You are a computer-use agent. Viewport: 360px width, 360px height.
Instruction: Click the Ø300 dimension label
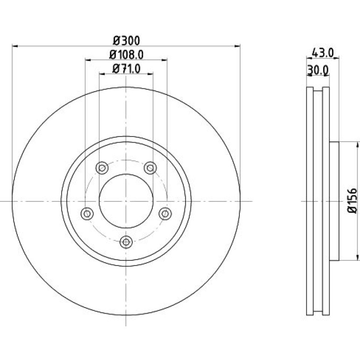(126, 41)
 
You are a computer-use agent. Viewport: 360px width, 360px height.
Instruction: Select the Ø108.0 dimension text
(126, 55)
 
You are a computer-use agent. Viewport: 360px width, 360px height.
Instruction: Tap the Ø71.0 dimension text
(126, 69)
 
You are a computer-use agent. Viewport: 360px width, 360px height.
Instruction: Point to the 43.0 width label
(323, 53)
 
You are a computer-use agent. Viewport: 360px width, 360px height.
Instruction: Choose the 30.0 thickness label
(318, 70)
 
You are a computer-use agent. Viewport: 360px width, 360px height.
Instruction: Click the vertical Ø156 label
(352, 201)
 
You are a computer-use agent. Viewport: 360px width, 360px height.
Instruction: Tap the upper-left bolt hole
(102, 168)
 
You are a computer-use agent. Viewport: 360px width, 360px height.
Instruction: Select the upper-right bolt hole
(150, 168)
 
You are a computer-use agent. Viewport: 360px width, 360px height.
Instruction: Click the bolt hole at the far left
(87, 214)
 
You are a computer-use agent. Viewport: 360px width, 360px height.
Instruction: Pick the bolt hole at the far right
(165, 214)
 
